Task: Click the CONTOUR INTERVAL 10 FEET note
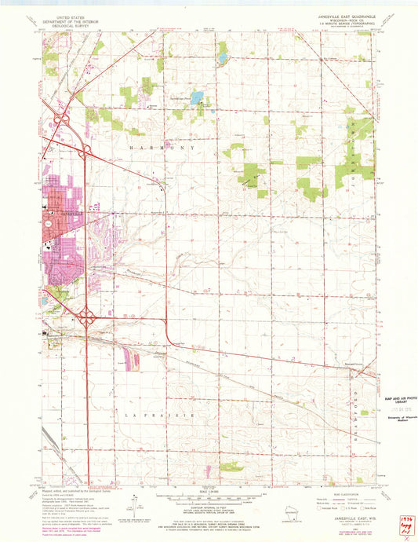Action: coord(208,509)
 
